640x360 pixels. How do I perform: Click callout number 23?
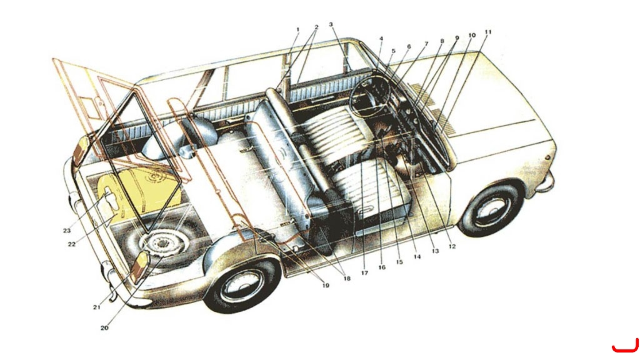pyautogui.click(x=66, y=231)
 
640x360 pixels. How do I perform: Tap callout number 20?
pyautogui.click(x=104, y=327)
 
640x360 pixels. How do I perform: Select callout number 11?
pyautogui.click(x=488, y=32)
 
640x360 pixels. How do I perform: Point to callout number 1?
pyautogui.click(x=298, y=29)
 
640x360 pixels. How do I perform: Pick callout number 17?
pyautogui.click(x=364, y=272)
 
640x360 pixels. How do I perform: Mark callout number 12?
pyautogui.click(x=452, y=246)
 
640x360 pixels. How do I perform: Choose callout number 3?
pyautogui.click(x=331, y=24)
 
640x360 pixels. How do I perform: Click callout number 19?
pyautogui.click(x=325, y=285)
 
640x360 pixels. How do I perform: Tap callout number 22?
pyautogui.click(x=71, y=244)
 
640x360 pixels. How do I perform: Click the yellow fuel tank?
pyautogui.click(x=139, y=192)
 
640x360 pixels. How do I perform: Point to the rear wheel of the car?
pyautogui.click(x=242, y=283)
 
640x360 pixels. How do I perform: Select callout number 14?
pyautogui.click(x=417, y=257)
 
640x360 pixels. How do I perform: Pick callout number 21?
pyautogui.click(x=96, y=307)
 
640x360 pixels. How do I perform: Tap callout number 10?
pyautogui.click(x=472, y=35)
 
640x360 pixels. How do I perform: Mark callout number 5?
pyautogui.click(x=394, y=51)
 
